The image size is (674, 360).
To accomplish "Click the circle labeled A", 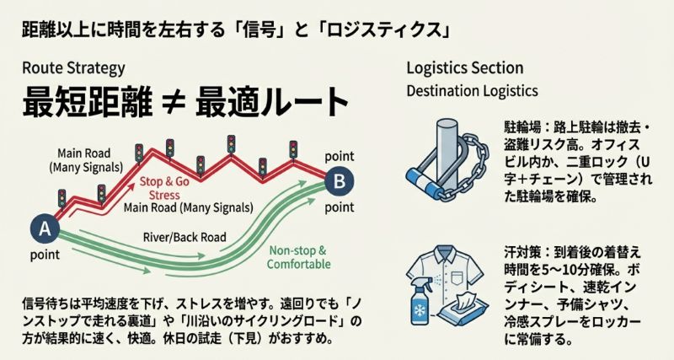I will pos(43,227).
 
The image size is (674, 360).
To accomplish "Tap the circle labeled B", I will pos(339,180).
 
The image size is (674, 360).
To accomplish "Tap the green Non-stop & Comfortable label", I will pos(296,257).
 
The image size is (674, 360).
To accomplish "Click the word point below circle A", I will pos(45,255).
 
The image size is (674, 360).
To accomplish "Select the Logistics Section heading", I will pos(465,68).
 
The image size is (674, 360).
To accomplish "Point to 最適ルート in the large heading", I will pos(270,104).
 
